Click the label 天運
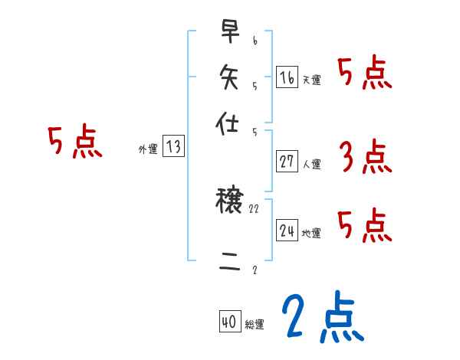[x=312, y=80]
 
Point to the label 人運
[x=312, y=164]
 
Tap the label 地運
[x=312, y=233]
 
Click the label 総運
[x=255, y=325]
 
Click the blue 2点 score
[x=321, y=318]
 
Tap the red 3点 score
[x=364, y=158]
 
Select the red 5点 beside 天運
[x=364, y=74]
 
